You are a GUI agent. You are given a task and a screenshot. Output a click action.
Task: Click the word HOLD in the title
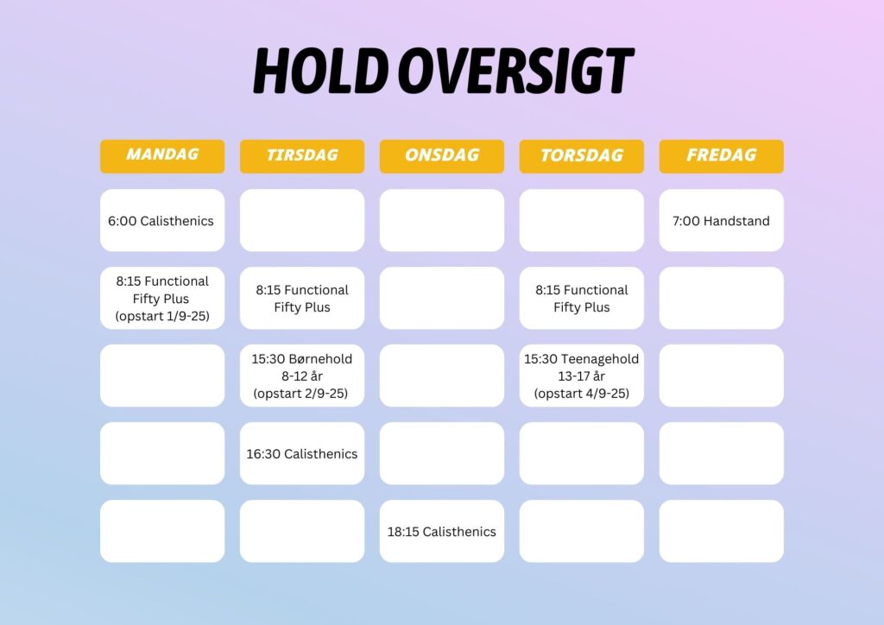pyautogui.click(x=320, y=71)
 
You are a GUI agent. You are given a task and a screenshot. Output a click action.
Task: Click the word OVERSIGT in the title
pyautogui.click(x=516, y=71)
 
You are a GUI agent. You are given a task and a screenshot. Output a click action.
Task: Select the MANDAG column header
pyautogui.click(x=162, y=156)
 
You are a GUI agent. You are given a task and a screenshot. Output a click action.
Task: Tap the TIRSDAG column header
pyautogui.click(x=302, y=156)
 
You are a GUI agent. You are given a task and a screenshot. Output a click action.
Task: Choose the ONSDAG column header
pyautogui.click(x=442, y=156)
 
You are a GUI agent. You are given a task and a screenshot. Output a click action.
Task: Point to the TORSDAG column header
pyautogui.click(x=582, y=156)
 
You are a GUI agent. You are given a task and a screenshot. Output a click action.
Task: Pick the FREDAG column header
pyautogui.click(x=722, y=156)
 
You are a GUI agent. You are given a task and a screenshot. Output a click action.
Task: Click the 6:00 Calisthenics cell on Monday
pyautogui.click(x=162, y=220)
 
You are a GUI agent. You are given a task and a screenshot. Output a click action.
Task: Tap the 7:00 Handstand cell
pyautogui.click(x=722, y=220)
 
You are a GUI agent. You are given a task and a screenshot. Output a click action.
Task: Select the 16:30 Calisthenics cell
pyautogui.click(x=302, y=454)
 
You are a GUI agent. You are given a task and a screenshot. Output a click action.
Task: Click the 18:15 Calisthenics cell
pyautogui.click(x=442, y=532)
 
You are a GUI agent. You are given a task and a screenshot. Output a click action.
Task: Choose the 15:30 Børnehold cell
pyautogui.click(x=302, y=376)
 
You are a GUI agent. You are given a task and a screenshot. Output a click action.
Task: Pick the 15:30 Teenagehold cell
pyautogui.click(x=582, y=376)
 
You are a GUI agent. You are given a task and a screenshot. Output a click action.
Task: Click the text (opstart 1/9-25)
pyautogui.click(x=162, y=316)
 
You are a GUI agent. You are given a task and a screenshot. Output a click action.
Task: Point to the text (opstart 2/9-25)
pyautogui.click(x=300, y=394)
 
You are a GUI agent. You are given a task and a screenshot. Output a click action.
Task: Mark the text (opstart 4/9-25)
pyautogui.click(x=582, y=394)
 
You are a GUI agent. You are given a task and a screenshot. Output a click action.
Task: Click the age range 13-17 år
pyautogui.click(x=581, y=376)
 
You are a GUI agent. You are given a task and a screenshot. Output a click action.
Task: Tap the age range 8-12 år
pyautogui.click(x=302, y=376)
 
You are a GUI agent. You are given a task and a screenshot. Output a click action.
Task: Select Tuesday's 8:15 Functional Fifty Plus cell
pyautogui.click(x=302, y=298)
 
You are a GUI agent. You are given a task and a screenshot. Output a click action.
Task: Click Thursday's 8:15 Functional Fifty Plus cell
pyautogui.click(x=582, y=298)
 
